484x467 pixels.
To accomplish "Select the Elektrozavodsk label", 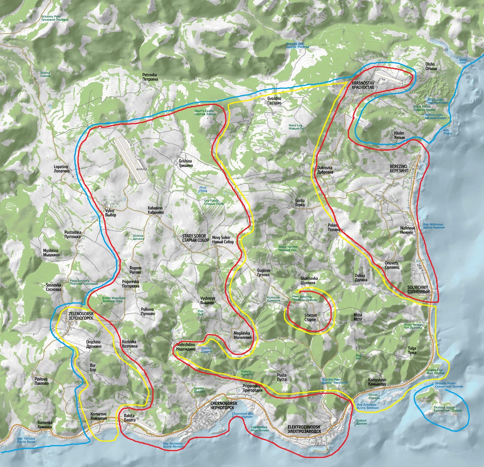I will (x=304, y=428).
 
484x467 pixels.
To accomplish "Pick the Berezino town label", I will (x=399, y=168).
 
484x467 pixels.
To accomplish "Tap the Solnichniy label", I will (x=418, y=290).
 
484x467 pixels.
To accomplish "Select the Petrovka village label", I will (x=149, y=77).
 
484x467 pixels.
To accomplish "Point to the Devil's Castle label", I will (x=204, y=113).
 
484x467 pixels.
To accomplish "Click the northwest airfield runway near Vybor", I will (x=129, y=155).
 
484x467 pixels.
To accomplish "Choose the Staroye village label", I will (x=310, y=317).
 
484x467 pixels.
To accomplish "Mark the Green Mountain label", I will (x=113, y=300).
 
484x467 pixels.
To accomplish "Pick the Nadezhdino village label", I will (x=185, y=347).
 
